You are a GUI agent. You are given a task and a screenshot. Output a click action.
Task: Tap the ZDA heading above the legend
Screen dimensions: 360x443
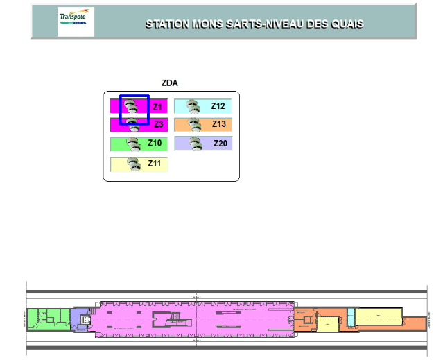pos(170,83)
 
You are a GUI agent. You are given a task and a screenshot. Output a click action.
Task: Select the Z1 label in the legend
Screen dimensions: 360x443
pos(157,107)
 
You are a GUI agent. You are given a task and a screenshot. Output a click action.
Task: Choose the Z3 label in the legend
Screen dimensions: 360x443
pos(158,125)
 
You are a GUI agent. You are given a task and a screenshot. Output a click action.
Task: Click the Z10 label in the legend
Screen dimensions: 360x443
pos(155,143)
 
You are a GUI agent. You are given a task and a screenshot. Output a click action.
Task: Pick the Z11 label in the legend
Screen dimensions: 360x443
pos(154,164)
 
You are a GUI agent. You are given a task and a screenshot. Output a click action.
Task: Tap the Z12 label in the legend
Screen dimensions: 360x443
pos(218,106)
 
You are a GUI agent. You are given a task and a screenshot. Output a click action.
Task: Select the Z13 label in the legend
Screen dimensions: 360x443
pos(219,124)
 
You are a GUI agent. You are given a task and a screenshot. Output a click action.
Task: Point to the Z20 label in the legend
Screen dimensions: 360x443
pos(220,143)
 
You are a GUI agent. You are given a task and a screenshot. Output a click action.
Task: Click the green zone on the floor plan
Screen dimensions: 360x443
pos(48,318)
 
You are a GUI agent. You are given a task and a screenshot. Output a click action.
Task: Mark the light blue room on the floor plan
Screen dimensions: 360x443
pos(351,316)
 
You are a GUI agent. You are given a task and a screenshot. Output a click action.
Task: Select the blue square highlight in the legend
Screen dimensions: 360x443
pos(134,110)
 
